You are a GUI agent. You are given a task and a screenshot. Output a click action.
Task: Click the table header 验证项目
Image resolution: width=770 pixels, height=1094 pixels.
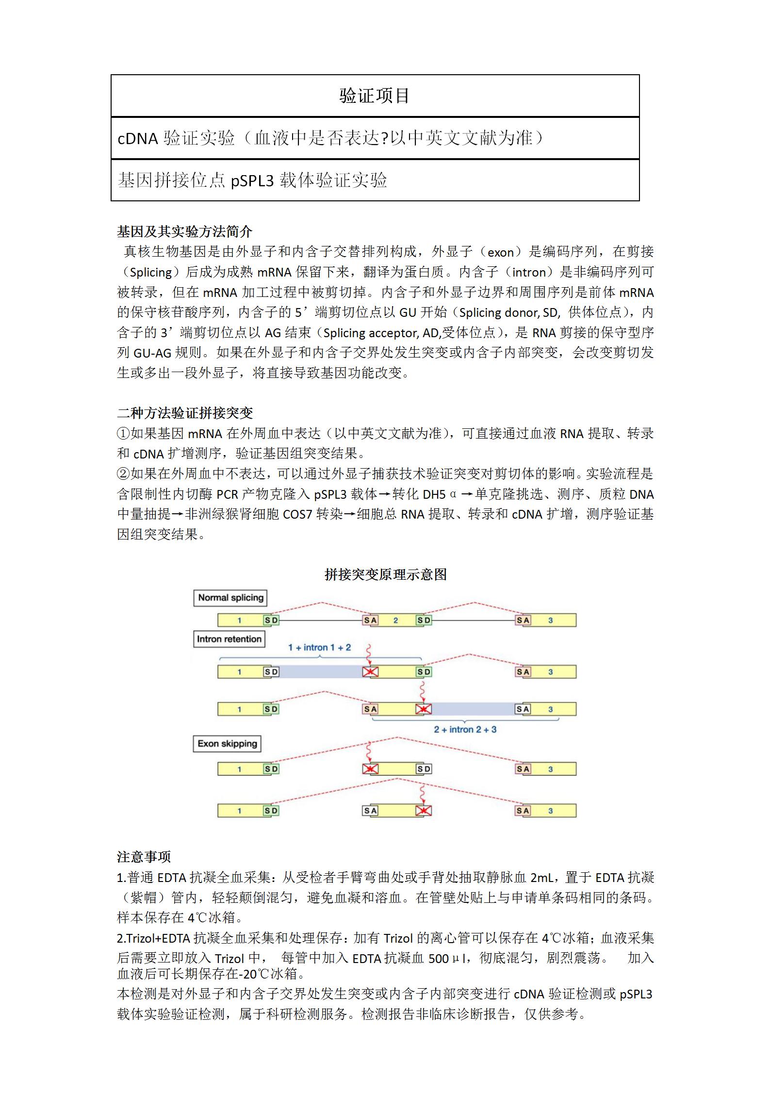pos(375,96)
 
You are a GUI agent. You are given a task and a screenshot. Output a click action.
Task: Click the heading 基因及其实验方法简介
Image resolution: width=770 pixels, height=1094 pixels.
pos(184,231)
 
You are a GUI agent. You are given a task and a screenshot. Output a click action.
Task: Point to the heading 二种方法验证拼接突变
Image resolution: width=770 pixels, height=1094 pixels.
pos(185,413)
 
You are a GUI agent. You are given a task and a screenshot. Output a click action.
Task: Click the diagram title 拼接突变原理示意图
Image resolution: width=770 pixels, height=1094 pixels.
pos(385,574)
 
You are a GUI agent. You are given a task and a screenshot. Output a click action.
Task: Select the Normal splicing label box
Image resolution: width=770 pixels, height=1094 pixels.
pos(230,598)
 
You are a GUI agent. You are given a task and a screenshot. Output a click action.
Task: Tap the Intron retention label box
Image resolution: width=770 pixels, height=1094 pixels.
pos(229,639)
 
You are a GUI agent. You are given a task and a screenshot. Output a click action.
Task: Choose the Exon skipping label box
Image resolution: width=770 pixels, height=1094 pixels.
pos(227,743)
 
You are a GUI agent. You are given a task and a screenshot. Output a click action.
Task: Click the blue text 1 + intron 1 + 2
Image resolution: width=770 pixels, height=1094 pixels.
pos(319,647)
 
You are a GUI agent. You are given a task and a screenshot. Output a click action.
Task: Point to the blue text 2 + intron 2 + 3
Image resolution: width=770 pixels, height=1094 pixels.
pos(465,729)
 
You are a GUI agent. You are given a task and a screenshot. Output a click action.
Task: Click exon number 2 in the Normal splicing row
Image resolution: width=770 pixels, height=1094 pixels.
pos(395,620)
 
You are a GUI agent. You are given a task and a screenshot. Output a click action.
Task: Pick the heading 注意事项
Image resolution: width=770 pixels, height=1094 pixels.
pos(144,857)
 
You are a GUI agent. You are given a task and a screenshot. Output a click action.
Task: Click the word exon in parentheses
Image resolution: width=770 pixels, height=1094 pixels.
pos(500,252)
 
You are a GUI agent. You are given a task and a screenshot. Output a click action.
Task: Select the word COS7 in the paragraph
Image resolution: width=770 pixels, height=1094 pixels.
pos(297,514)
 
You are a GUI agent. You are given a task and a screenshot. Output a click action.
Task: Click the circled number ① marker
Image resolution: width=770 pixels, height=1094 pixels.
pos(123,433)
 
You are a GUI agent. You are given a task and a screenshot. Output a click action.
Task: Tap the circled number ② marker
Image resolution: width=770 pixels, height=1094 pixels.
pos(123,474)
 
